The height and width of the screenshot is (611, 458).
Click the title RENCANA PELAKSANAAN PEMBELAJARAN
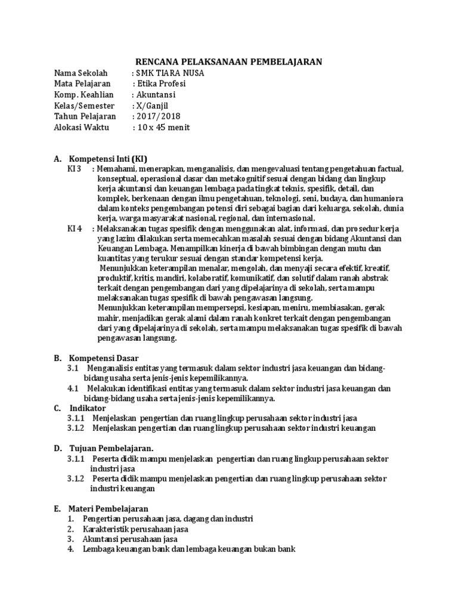(229, 61)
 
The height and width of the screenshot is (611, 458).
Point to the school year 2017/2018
(158, 116)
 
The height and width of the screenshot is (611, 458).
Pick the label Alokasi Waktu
(81, 128)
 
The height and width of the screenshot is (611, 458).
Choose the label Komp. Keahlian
(83, 95)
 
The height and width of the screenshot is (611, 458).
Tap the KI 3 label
(75, 170)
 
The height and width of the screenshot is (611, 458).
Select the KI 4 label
(75, 229)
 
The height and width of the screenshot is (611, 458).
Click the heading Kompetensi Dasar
(104, 358)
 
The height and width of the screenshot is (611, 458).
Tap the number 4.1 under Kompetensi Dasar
(73, 388)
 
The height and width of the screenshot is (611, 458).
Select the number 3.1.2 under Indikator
(76, 428)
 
